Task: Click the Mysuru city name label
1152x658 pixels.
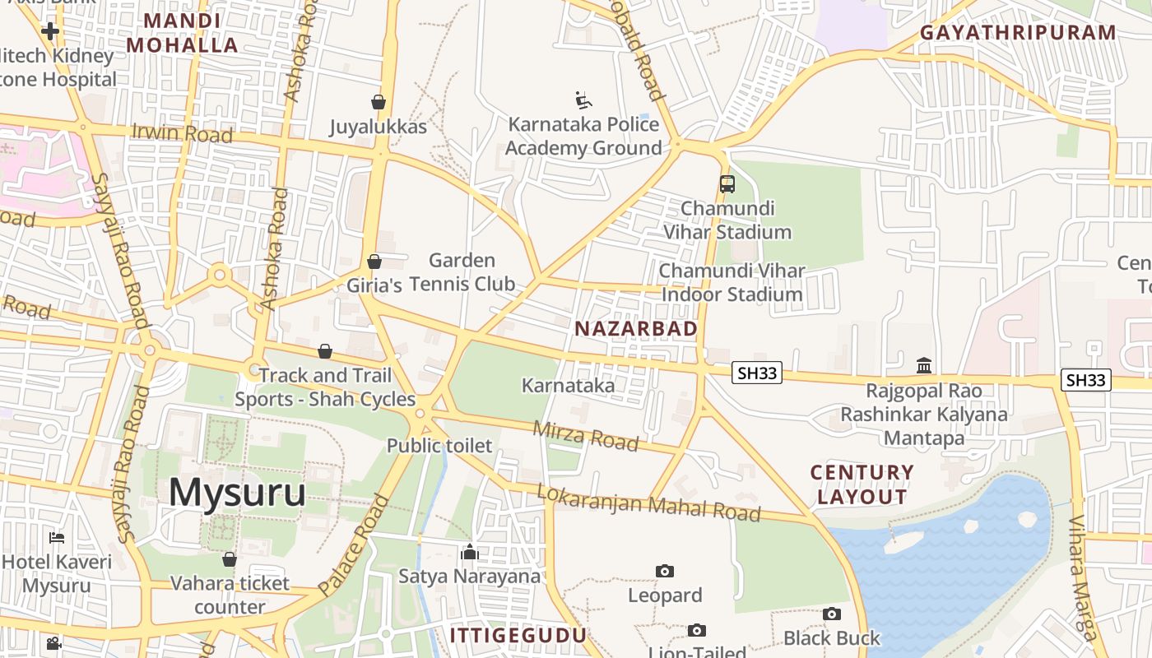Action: click(x=237, y=492)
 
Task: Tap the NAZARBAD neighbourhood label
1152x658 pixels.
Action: click(x=635, y=329)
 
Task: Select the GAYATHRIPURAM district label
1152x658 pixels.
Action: click(x=1017, y=33)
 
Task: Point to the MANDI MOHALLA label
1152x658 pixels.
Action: click(x=182, y=33)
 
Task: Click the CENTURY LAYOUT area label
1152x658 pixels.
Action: click(x=862, y=484)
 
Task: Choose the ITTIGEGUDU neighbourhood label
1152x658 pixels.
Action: click(x=518, y=635)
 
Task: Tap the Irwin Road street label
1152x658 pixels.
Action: click(x=182, y=133)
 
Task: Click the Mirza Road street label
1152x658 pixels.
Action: click(x=585, y=436)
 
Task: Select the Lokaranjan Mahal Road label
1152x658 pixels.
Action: click(x=648, y=502)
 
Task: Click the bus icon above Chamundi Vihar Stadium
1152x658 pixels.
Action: click(x=727, y=183)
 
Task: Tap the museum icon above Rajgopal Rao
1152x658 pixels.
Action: click(x=924, y=365)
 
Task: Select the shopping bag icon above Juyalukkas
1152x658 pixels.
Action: click(x=379, y=102)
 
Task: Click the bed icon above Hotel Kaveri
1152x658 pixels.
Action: click(x=57, y=538)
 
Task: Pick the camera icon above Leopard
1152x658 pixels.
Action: click(x=665, y=571)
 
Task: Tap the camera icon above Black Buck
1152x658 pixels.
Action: click(x=831, y=614)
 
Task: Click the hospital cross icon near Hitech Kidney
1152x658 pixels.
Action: click(x=50, y=31)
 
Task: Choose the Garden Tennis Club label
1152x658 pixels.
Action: click(x=462, y=272)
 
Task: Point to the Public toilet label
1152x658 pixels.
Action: click(x=439, y=446)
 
